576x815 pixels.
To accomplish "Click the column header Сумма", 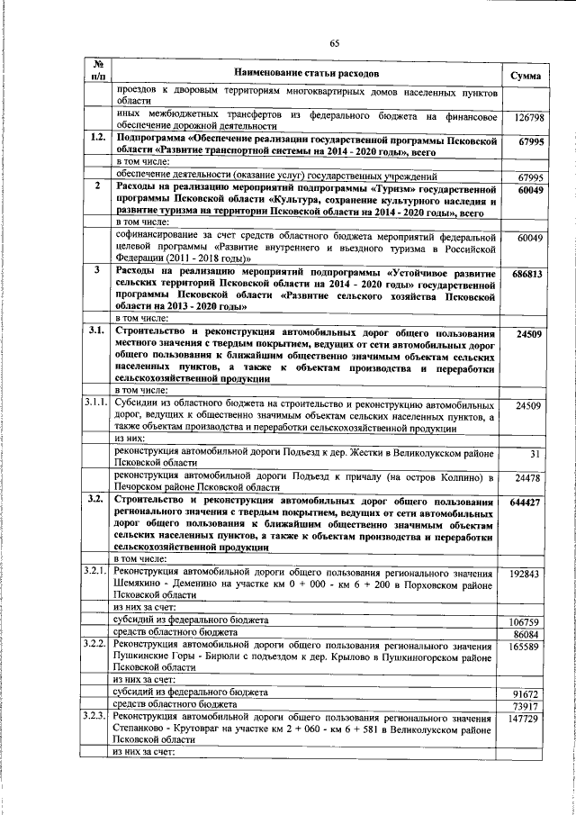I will coord(525,75).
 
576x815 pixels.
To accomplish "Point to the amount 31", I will coord(535,454).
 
